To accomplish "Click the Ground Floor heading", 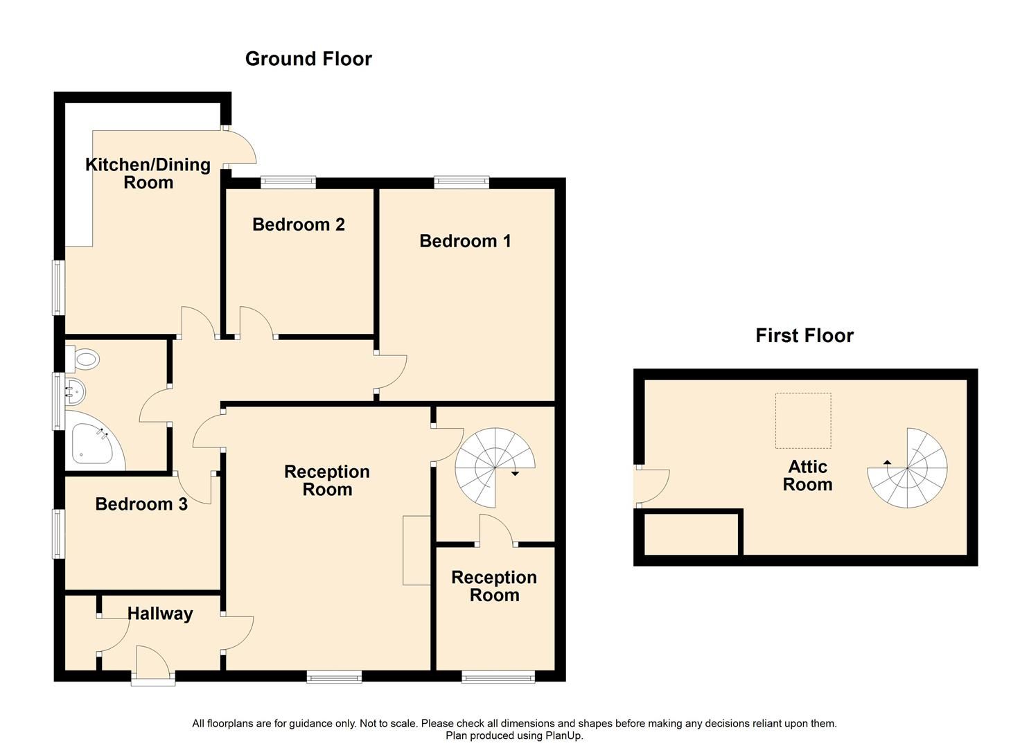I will click(308, 59).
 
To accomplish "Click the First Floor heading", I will click(804, 336).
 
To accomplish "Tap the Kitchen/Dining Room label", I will click(148, 173).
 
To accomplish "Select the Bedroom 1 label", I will click(465, 241).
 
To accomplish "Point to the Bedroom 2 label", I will click(298, 224).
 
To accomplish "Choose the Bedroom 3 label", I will click(141, 504).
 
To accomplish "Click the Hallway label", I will click(160, 614).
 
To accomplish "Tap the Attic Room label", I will click(807, 476).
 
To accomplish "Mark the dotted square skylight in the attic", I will click(802, 420).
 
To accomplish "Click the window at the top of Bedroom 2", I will click(288, 183).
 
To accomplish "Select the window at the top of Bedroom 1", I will click(461, 183).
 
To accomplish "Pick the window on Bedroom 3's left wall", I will click(59, 533).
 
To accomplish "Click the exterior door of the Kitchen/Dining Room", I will click(239, 147).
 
